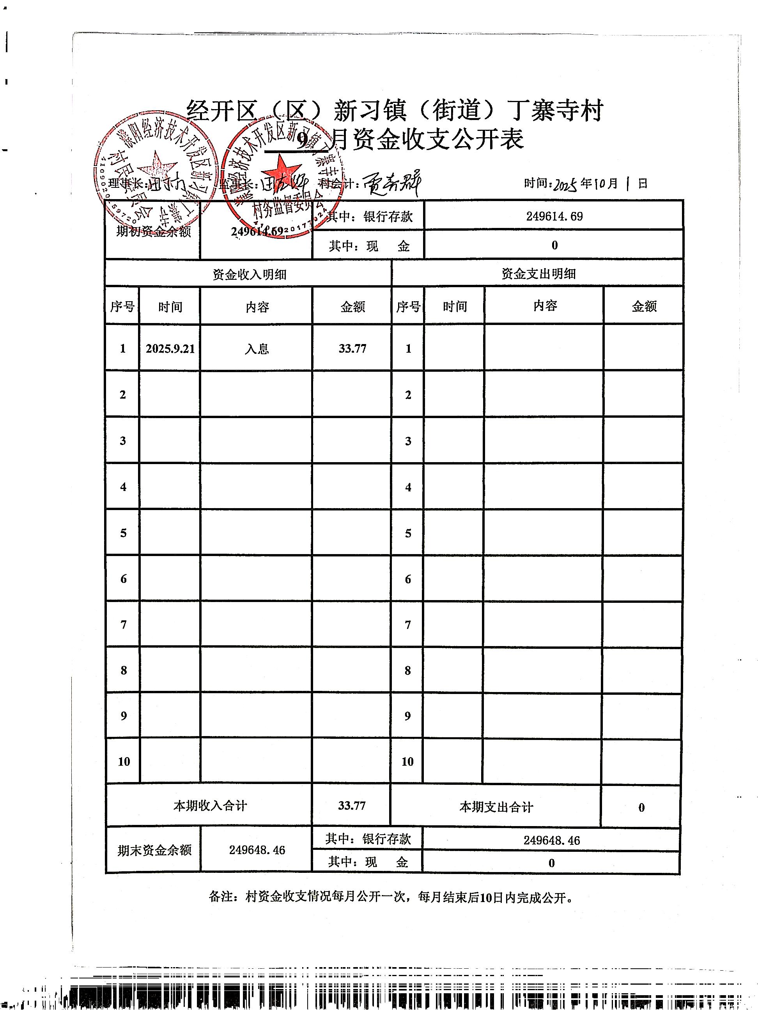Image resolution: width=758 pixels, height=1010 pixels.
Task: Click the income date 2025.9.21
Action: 170,349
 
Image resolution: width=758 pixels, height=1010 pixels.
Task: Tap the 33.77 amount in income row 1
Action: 352,349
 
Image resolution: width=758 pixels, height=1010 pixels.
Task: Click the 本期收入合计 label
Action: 210,805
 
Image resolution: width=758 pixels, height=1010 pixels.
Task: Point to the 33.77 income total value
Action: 352,805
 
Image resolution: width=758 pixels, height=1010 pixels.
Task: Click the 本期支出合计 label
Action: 496,807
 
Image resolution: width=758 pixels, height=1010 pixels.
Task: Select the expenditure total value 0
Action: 641,807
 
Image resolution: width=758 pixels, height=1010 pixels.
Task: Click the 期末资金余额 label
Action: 154,850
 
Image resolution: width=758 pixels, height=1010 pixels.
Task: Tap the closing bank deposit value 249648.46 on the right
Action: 551,840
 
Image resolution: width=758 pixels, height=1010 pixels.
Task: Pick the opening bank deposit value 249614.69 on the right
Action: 554,216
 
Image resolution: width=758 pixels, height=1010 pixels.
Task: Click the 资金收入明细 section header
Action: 250,274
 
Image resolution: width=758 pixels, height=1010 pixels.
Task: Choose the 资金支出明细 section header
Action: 538,274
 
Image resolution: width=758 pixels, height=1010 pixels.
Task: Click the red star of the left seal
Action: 157,167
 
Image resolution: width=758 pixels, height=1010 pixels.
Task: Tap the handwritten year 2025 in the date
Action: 565,184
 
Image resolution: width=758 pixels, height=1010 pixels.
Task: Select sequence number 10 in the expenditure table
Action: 407,762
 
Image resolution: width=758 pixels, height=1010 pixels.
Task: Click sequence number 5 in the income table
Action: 123,533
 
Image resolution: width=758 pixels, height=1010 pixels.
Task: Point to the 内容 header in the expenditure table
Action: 545,306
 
